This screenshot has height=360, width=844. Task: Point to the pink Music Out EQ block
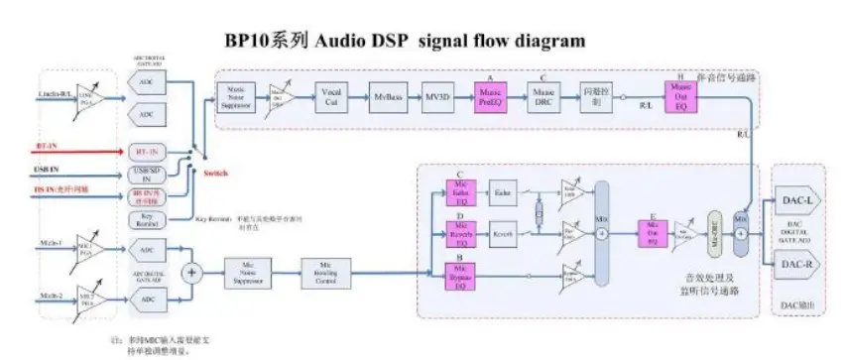(680, 98)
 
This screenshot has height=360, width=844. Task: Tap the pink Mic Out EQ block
(652, 234)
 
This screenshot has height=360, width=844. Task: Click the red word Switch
(215, 175)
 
